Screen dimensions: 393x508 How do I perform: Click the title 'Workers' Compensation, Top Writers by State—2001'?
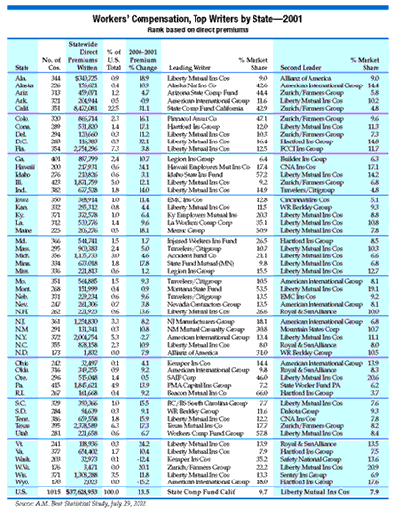(x=196, y=9)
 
